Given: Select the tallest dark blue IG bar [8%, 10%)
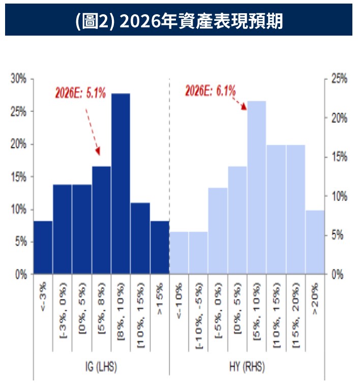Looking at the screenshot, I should click(x=121, y=183).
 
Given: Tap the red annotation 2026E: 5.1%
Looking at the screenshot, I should click(x=80, y=93).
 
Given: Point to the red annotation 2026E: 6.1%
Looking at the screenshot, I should click(x=210, y=91).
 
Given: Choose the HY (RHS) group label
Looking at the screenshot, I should click(x=247, y=366).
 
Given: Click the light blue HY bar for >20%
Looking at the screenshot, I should click(x=315, y=242).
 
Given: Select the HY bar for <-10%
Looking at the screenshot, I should click(x=178, y=253).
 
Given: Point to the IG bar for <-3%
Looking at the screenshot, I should click(x=43, y=248).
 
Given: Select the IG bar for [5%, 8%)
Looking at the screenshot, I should click(x=101, y=220).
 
